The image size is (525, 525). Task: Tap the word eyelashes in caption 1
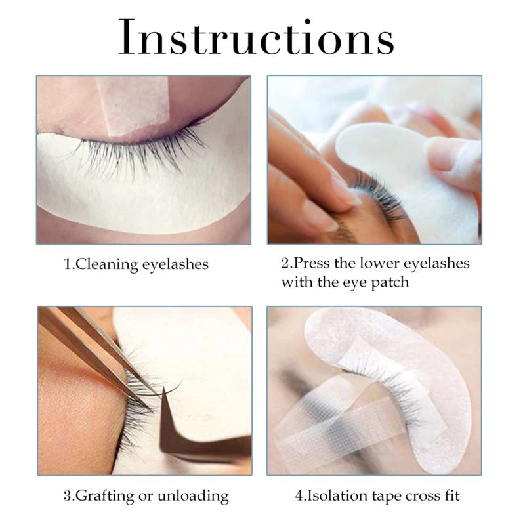pos(175,264)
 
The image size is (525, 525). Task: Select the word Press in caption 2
pos(313,263)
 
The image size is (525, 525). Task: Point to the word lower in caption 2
pos(379,263)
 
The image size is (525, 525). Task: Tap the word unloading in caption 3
pos(193,496)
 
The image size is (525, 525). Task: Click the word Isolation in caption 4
pos(337,495)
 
